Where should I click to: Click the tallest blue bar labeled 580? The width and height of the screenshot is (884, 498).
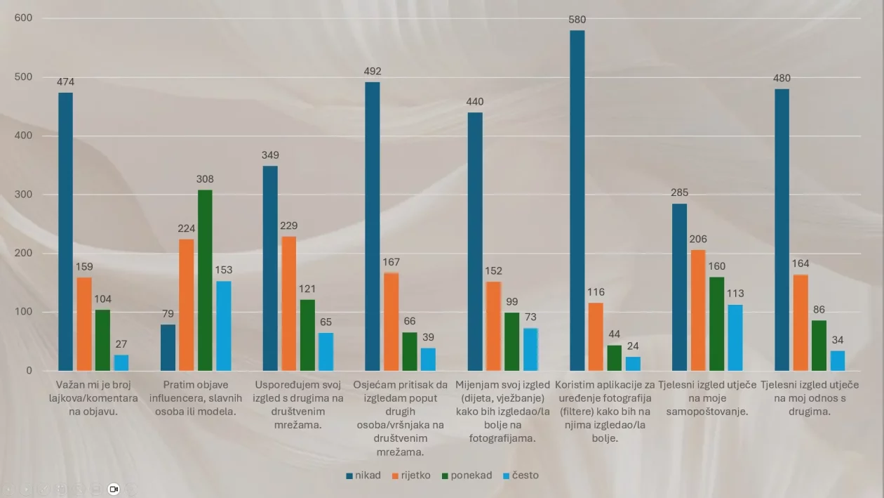point(577,200)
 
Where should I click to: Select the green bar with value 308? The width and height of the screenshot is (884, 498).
point(205,280)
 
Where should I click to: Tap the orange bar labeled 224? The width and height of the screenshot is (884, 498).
point(187,305)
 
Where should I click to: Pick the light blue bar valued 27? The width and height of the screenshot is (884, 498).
point(121,362)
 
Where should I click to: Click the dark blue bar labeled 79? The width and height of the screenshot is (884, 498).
point(168,348)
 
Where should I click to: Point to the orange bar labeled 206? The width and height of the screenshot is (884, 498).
point(698,310)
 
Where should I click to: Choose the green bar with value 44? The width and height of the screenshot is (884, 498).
point(615,358)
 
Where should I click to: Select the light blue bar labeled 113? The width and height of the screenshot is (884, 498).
point(735,338)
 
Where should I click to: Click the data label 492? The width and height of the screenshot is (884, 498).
point(373,70)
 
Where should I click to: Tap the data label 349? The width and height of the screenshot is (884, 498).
point(270,154)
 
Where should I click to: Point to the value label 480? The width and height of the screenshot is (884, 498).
point(782,77)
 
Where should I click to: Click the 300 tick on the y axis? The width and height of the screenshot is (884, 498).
point(25,195)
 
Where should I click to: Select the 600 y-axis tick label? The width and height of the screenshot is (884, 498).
point(25,18)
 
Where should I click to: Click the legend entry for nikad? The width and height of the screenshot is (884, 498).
point(363,476)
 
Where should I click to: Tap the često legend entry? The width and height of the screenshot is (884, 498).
point(520,476)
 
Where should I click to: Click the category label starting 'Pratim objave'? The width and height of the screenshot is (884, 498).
point(196,398)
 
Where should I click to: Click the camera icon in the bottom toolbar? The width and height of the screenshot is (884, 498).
point(114,489)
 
